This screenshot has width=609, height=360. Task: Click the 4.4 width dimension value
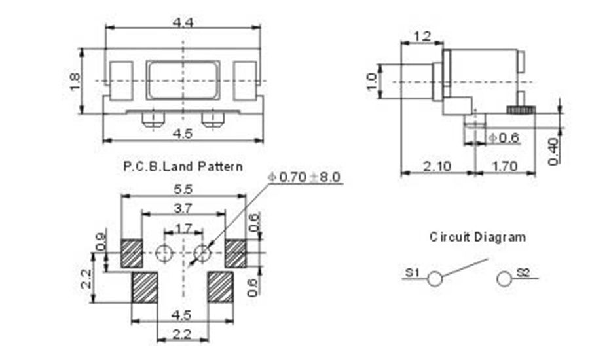point(183,22)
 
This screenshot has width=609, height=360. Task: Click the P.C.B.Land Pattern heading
point(183,166)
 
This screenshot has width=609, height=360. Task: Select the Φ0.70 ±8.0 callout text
point(304,177)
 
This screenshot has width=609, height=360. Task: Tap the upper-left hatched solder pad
point(132,253)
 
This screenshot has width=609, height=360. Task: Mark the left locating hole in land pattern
point(164,252)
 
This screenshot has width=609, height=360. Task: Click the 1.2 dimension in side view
point(422,37)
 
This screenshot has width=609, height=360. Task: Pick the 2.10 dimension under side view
point(437,166)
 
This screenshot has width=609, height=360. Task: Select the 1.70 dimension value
point(504,166)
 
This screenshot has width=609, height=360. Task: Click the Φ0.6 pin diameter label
point(504,137)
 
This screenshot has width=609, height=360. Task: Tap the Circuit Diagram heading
point(477,236)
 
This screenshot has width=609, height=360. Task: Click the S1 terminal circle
point(434,279)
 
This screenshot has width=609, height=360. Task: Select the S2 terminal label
point(523,272)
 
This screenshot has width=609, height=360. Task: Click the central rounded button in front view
point(184,80)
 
